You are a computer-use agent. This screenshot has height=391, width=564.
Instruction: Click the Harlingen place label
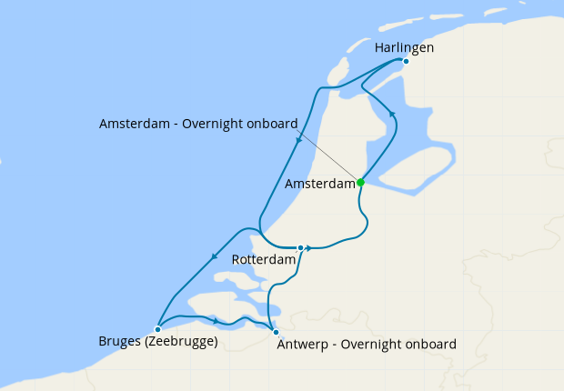[x=403, y=46]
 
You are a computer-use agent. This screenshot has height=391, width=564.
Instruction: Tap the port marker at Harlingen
[x=406, y=62]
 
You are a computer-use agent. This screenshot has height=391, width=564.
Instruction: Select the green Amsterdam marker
[x=360, y=182]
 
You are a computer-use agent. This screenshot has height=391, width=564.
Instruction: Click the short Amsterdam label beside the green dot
[x=319, y=184]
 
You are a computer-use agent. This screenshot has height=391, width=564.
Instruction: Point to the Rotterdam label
[x=264, y=260]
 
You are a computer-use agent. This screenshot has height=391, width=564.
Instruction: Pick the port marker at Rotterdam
[x=300, y=247]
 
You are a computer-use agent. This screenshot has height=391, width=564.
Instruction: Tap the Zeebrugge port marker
[x=157, y=329]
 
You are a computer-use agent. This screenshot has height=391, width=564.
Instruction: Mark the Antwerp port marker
[x=276, y=333]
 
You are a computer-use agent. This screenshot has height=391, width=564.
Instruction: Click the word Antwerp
[x=299, y=344]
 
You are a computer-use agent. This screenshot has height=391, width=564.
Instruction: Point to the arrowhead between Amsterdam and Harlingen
[x=392, y=114]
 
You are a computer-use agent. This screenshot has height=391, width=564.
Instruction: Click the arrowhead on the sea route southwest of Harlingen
[x=298, y=140]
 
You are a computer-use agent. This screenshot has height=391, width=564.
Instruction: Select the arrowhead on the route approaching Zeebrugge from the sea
[x=213, y=256]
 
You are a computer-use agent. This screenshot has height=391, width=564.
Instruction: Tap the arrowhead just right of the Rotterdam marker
[x=310, y=247]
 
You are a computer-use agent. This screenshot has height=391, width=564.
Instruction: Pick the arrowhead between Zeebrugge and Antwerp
[x=215, y=321]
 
